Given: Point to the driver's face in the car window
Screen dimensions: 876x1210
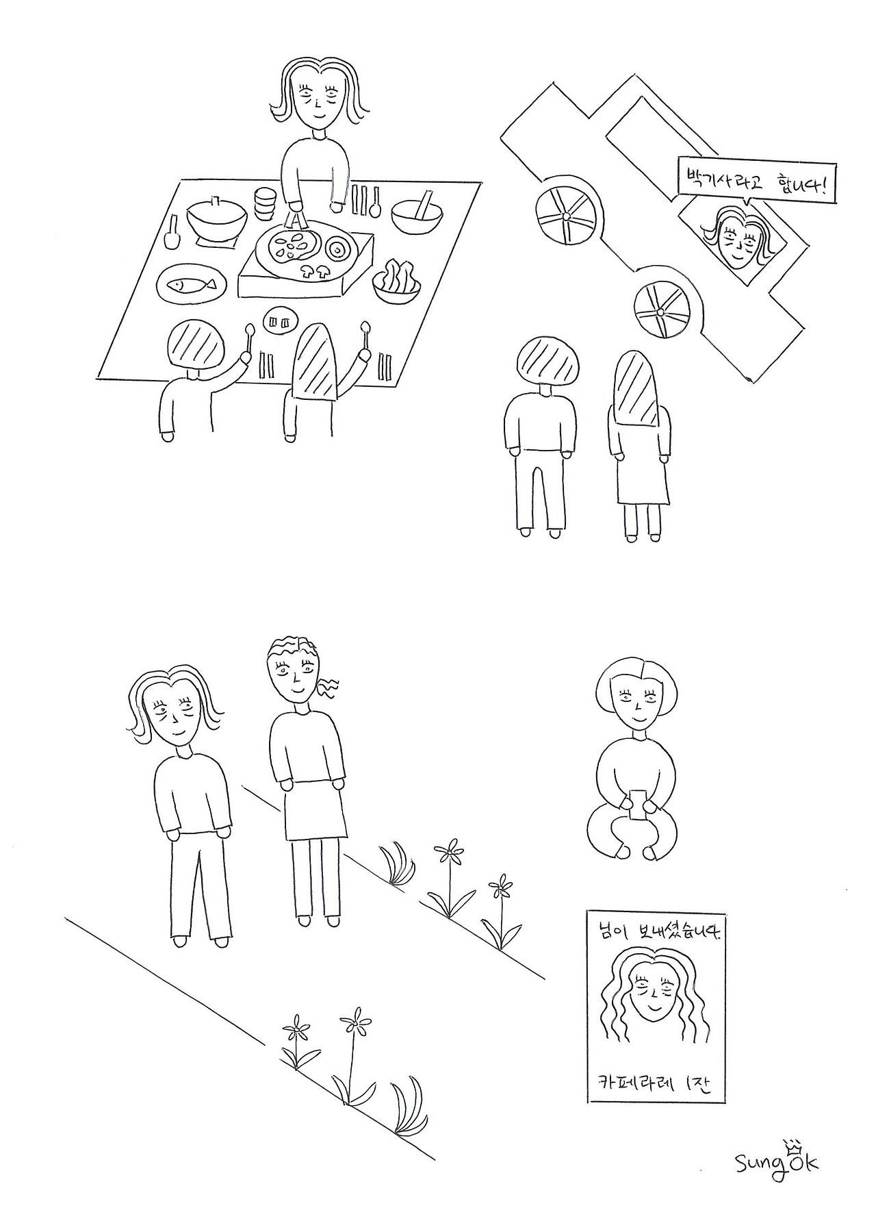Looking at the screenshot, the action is tap(739, 243).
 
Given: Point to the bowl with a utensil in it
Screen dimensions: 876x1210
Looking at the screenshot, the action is tap(418, 212).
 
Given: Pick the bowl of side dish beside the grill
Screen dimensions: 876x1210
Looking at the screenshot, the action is tap(398, 281).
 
